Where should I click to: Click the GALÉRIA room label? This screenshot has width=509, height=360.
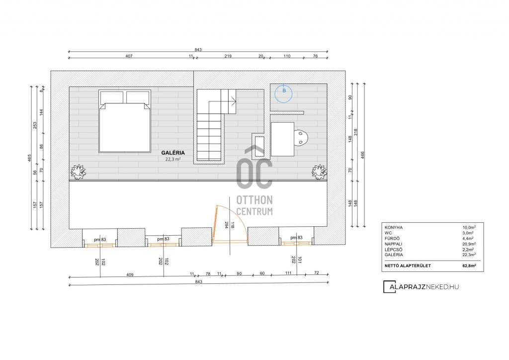(173, 153)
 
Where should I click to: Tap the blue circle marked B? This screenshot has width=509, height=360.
(283, 94)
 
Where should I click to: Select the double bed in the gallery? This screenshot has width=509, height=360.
(125, 121)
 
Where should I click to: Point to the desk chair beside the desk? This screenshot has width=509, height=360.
(301, 138)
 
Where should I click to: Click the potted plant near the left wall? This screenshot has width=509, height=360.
(78, 172)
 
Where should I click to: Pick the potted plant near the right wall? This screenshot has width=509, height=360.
(319, 172)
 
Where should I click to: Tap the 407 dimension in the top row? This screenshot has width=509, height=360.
(129, 56)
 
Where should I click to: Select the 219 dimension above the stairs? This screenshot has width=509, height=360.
(228, 56)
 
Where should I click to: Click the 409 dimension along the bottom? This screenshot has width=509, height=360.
(130, 274)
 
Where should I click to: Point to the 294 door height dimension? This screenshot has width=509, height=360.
(226, 225)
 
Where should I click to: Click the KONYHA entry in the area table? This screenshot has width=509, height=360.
(394, 228)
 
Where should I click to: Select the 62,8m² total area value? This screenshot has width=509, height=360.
(469, 266)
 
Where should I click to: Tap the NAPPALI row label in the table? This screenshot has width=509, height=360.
(394, 244)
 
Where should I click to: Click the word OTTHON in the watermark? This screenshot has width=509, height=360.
(254, 199)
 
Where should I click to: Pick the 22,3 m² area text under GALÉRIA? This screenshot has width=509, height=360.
(173, 160)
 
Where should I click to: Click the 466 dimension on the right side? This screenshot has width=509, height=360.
(362, 155)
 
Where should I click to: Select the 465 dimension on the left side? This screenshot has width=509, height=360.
(29, 158)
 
